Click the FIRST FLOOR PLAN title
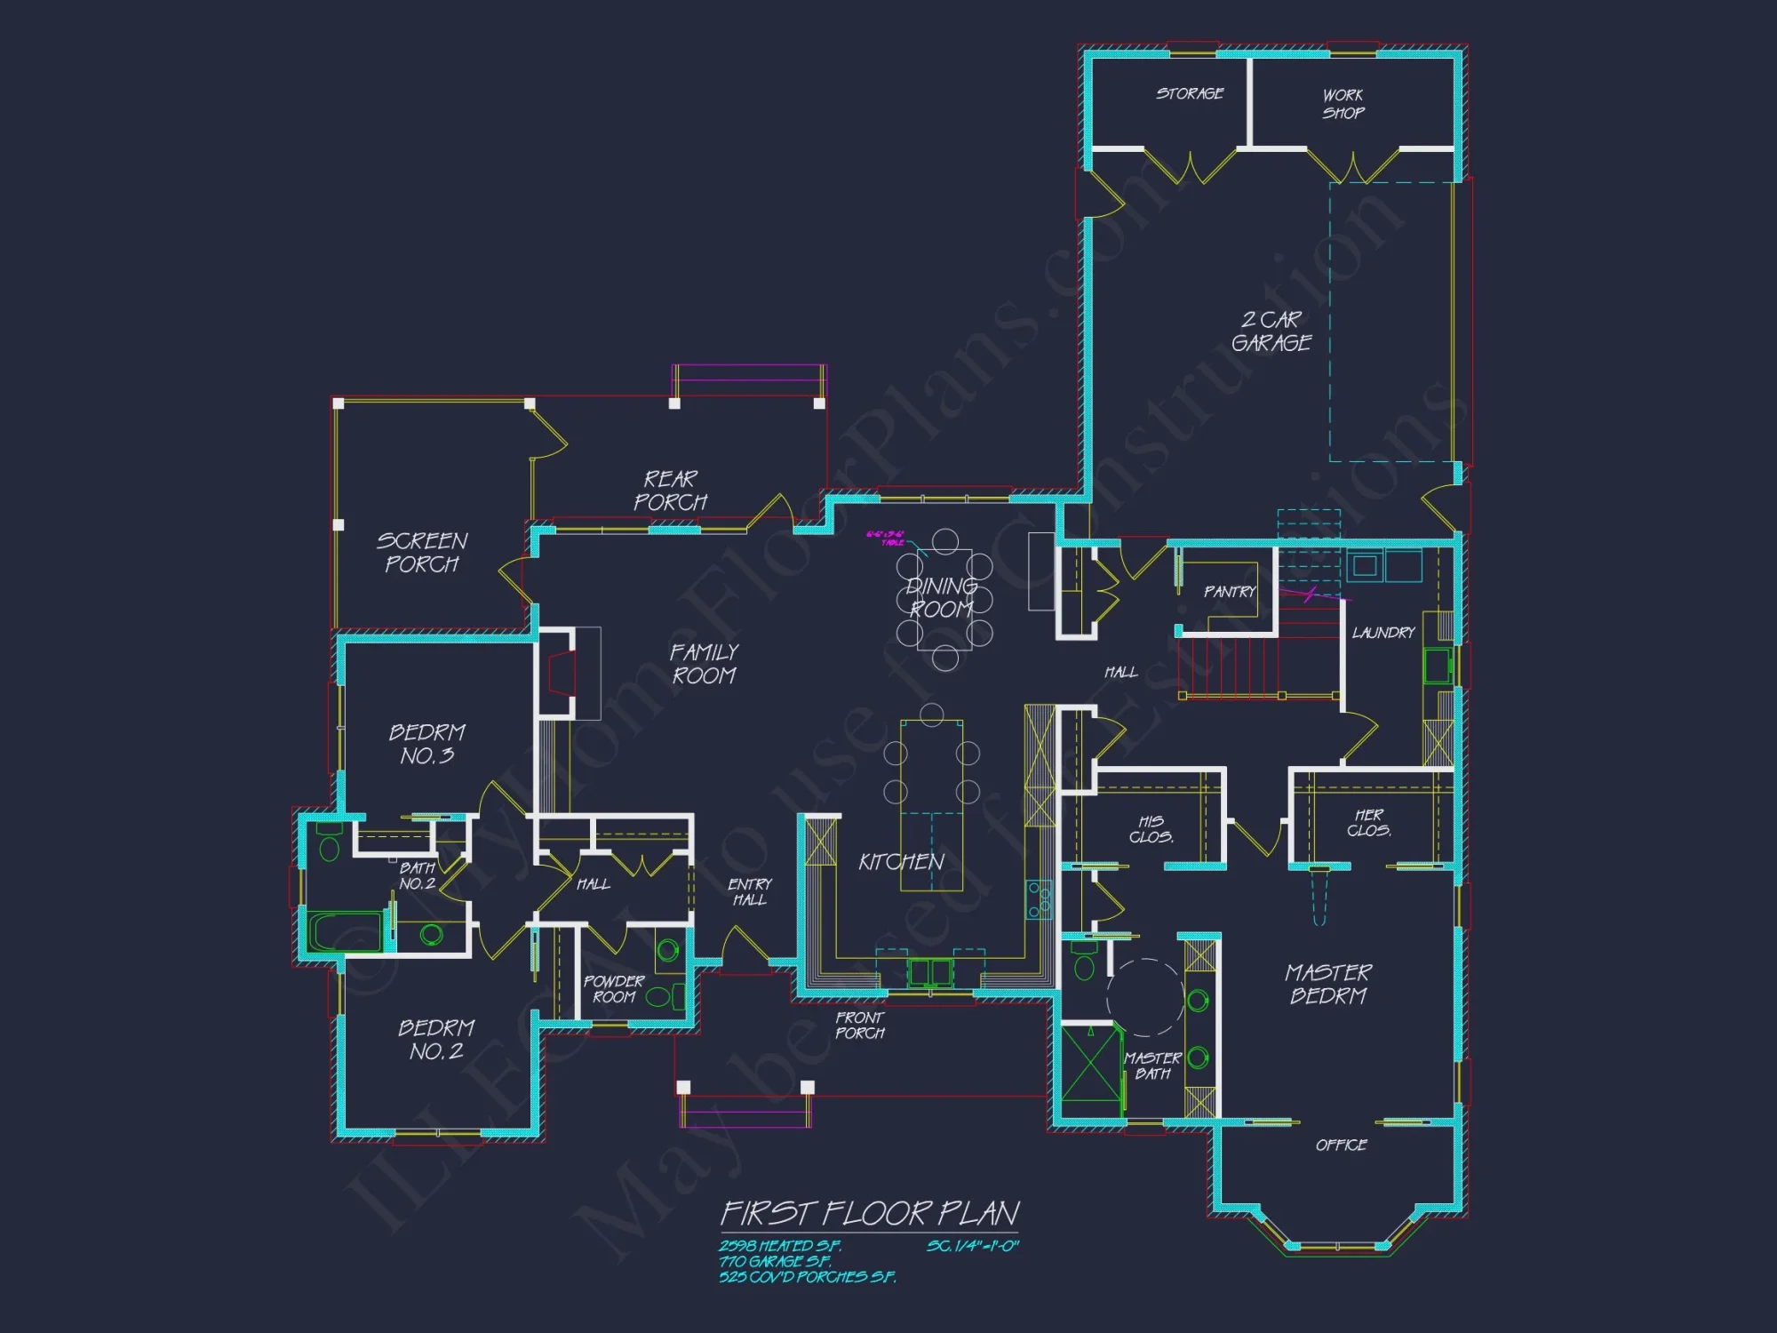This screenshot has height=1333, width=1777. pos(869,1213)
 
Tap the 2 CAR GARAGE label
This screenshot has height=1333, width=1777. pos(1271,331)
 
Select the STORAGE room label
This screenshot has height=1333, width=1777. pos(1190,93)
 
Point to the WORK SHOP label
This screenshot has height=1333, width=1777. pos(1343,104)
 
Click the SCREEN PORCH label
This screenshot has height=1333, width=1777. pos(422,552)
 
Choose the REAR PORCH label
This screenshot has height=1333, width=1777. pos(670,491)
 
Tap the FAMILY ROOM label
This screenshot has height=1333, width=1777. pos(704,664)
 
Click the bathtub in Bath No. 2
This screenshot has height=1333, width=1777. pos(345,930)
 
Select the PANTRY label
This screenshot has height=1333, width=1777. pos(1230,592)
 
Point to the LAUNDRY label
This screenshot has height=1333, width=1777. pos(1383,633)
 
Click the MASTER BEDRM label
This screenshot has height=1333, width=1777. pos(1328,984)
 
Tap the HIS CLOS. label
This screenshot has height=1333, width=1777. pos(1151,829)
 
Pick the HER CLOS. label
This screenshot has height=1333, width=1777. pos(1368,823)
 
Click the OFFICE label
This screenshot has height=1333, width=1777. pos(1341,1145)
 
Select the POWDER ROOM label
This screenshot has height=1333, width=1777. pos(613,989)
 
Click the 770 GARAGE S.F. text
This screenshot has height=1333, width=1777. pos(775,1262)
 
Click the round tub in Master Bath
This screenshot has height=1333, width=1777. pos(1145,998)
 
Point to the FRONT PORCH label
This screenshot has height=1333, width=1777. pos(859,1026)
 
